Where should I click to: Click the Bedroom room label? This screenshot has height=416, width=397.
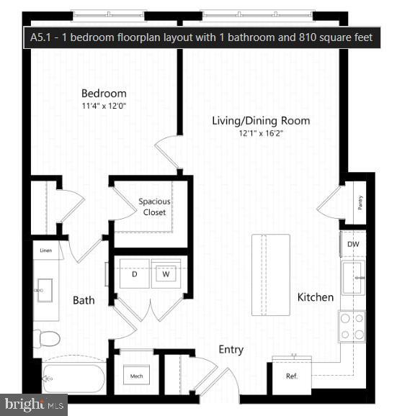tap(104, 94)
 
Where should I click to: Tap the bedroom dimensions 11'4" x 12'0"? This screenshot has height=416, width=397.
tap(104, 106)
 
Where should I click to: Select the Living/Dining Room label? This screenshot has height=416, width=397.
tap(261, 120)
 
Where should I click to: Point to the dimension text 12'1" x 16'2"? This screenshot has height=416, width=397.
tap(261, 133)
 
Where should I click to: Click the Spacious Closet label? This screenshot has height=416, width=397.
tap(154, 207)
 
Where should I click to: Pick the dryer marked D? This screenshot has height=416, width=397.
tap(134, 274)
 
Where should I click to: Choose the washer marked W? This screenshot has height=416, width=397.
tap(165, 274)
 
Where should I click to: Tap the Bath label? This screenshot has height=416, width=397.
tap(84, 299)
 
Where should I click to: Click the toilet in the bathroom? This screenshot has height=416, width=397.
tap(48, 338)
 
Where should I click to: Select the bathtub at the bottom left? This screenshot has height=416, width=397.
tap(73, 377)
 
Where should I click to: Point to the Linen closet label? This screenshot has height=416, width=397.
tap(46, 250)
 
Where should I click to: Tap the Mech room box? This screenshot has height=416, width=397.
tap(135, 376)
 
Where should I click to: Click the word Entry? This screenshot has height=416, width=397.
tap(231, 350)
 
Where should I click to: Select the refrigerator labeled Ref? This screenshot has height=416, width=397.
tap(291, 376)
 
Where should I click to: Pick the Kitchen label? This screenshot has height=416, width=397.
tap(316, 297)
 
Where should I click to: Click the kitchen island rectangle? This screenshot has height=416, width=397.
tap(270, 274)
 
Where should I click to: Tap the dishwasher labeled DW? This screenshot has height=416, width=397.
tap(352, 244)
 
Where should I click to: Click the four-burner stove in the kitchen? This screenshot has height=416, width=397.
tap(352, 325)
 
